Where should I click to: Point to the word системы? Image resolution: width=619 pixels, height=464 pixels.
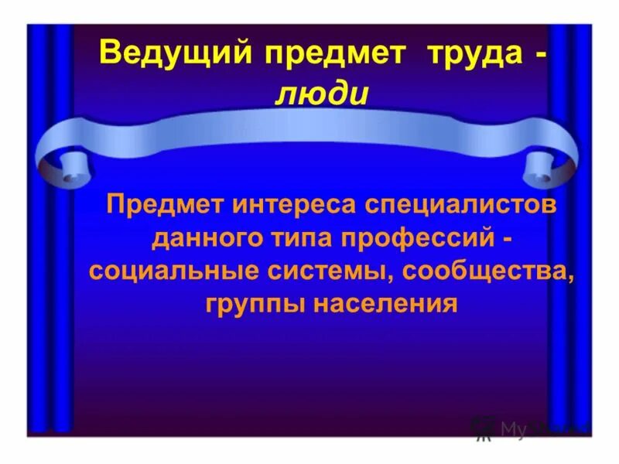[314, 272]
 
